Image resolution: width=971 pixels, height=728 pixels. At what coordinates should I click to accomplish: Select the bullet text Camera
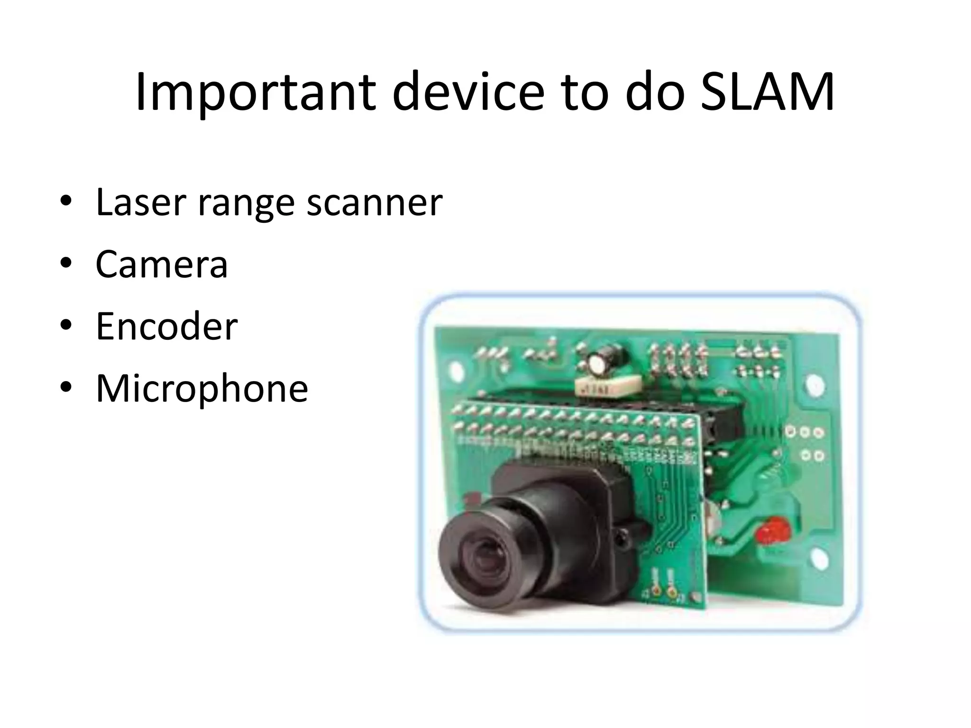[162, 264]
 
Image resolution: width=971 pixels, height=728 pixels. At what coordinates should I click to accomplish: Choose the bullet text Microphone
[202, 389]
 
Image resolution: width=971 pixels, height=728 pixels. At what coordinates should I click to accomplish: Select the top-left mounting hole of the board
[456, 370]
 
